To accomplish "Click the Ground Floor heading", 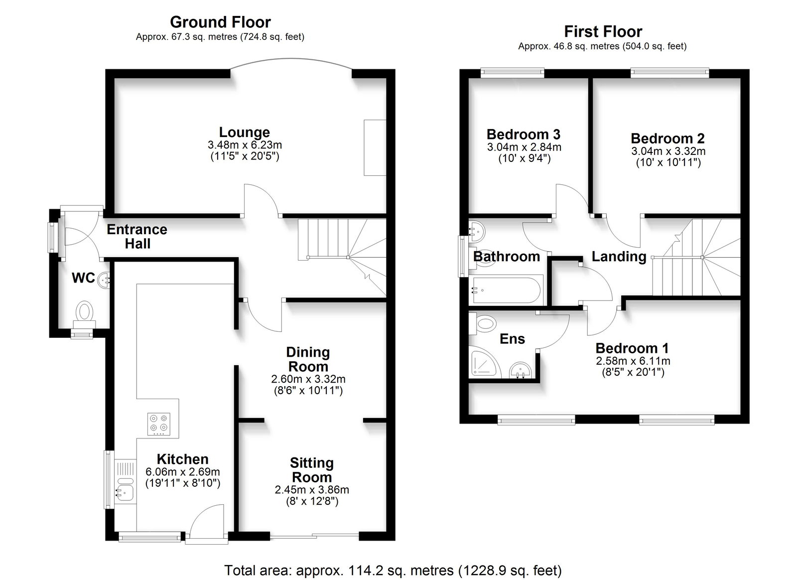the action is click(220, 22).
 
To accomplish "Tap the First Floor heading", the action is click(603, 32).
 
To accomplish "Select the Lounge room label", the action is click(245, 132).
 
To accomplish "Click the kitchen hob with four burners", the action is click(159, 424).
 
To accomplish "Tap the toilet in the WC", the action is click(85, 314).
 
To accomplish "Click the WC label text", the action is click(83, 278).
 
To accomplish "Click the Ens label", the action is click(512, 339).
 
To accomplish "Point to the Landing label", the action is click(619, 257).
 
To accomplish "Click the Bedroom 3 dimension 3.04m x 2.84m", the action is click(524, 147).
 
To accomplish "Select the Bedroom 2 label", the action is click(667, 138).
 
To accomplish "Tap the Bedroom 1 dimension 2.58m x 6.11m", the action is click(633, 361).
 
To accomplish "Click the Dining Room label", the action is click(308, 359).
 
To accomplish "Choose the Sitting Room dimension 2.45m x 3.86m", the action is click(312, 490).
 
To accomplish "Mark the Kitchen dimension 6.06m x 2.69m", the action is click(182, 472).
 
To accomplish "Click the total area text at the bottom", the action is click(393, 571).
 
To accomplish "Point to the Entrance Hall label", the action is click(137, 237).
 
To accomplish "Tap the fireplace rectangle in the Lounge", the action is click(375, 147).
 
